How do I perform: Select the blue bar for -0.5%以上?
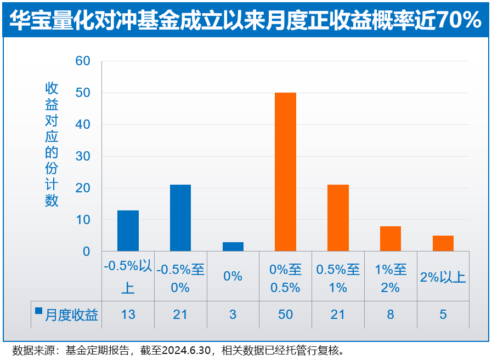(128, 231)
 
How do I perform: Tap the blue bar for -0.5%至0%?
(180, 218)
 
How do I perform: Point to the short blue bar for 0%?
(233, 247)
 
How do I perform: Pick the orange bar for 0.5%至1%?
(338, 218)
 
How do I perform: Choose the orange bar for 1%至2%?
(391, 238)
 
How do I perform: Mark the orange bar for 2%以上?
(443, 243)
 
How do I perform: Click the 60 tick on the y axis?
(83, 61)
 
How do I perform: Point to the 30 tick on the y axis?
(83, 156)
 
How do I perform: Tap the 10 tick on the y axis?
(83, 220)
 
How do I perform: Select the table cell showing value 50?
(285, 315)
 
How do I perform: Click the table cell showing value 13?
(128, 315)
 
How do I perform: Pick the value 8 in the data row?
(391, 315)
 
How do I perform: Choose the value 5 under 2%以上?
(443, 315)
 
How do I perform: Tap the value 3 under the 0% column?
(233, 315)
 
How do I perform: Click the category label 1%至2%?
(391, 278)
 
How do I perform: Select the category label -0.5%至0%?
(180, 278)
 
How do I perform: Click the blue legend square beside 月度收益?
(38, 311)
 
